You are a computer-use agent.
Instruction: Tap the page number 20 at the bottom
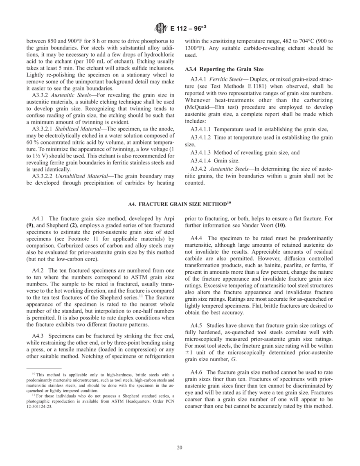click(180, 447)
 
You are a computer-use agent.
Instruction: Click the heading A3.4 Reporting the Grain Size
click(224, 69)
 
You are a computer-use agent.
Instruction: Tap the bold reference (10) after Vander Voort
click(280, 225)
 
